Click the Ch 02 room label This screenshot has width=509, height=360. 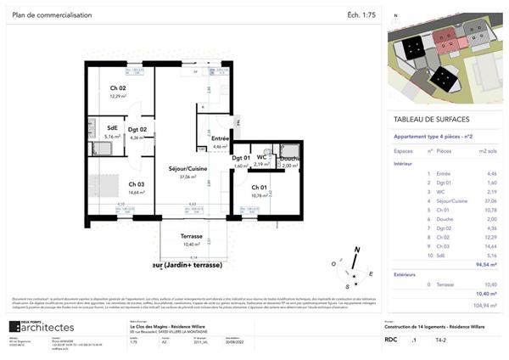[x=117, y=87]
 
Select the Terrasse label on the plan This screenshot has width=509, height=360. [x=191, y=236]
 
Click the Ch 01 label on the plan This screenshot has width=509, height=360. [x=259, y=188]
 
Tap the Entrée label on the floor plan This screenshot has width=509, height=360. [x=221, y=138]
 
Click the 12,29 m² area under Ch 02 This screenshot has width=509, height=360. [x=117, y=96]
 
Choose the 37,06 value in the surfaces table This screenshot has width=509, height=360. [x=486, y=200]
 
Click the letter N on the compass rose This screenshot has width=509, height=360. [x=357, y=250]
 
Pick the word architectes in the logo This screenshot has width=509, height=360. [x=50, y=327]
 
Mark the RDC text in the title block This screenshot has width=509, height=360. [x=391, y=339]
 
